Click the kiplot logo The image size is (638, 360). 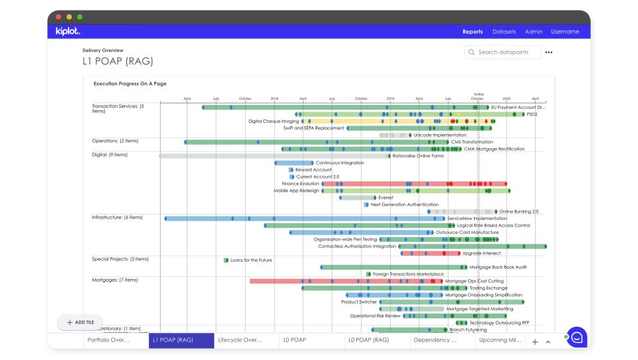point(68,31)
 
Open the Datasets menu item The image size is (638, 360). point(504,31)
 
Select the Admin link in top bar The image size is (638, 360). point(534,31)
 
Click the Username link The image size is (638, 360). point(565,31)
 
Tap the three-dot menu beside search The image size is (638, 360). point(549,52)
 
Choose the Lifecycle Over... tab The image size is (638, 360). point(241,340)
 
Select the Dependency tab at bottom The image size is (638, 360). point(436,340)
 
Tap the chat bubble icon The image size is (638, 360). point(576,337)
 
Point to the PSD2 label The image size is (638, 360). point(532,114)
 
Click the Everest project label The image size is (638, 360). point(385,197)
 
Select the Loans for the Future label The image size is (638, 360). point(251,260)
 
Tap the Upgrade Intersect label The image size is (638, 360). point(481,253)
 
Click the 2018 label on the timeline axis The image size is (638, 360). point(274,98)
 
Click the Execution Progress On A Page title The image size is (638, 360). point(130,84)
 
